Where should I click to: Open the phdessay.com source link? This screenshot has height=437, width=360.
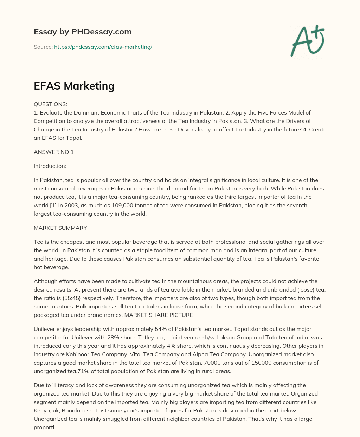103,47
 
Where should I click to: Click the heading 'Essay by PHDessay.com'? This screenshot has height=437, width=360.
83,32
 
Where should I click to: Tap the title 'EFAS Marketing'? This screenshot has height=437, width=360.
74,86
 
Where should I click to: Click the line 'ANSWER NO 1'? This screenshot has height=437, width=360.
54,152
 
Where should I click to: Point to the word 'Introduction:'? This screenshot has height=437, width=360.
50,166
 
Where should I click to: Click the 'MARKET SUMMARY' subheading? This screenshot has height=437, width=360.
60,228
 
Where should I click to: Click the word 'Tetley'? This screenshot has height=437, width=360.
148,337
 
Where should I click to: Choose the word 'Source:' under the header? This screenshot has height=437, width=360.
43,47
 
